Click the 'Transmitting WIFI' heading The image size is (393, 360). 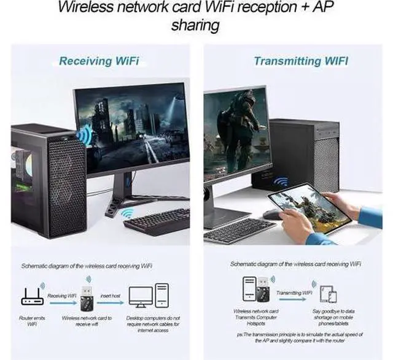(x=301, y=61)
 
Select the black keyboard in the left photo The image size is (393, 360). (x=157, y=221)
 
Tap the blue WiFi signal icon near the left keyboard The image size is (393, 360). (x=128, y=213)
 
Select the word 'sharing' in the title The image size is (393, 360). (x=196, y=26)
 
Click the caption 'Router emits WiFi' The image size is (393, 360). (x=28, y=322)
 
